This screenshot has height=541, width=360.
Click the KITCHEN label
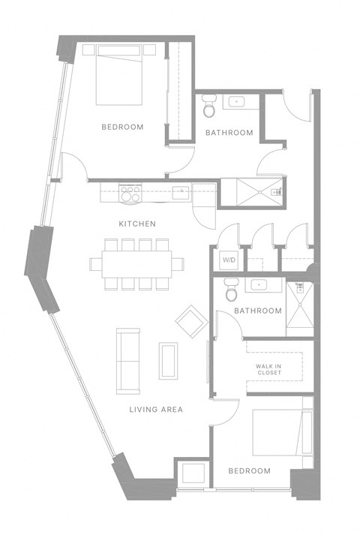(137, 224)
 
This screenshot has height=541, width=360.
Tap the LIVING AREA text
(156, 409)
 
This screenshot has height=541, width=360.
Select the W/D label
(228, 260)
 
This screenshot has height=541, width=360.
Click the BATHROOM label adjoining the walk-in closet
(257, 311)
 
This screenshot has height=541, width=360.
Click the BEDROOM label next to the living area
(249, 470)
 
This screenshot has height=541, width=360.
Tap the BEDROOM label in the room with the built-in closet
(122, 127)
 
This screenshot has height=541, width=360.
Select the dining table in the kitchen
(137, 263)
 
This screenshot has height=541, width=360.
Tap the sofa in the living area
(127, 360)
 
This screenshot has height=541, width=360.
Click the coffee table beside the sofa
(168, 361)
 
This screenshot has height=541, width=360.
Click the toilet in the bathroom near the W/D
(231, 287)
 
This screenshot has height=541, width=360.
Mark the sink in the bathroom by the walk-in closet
(259, 285)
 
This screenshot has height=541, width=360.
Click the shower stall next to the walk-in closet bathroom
(299, 308)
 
